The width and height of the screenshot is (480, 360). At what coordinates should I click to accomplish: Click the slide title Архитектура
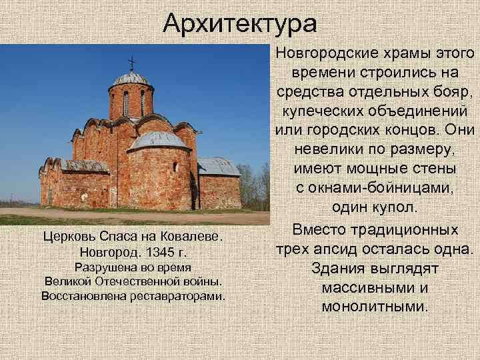[x=240, y=24]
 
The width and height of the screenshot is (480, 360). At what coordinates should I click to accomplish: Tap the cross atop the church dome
[x=131, y=62]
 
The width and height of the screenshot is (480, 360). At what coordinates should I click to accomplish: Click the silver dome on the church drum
[x=131, y=79]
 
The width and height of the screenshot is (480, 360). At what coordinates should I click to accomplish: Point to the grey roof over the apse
[x=158, y=140]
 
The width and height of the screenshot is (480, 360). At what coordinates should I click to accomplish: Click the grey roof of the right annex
[x=218, y=166]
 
